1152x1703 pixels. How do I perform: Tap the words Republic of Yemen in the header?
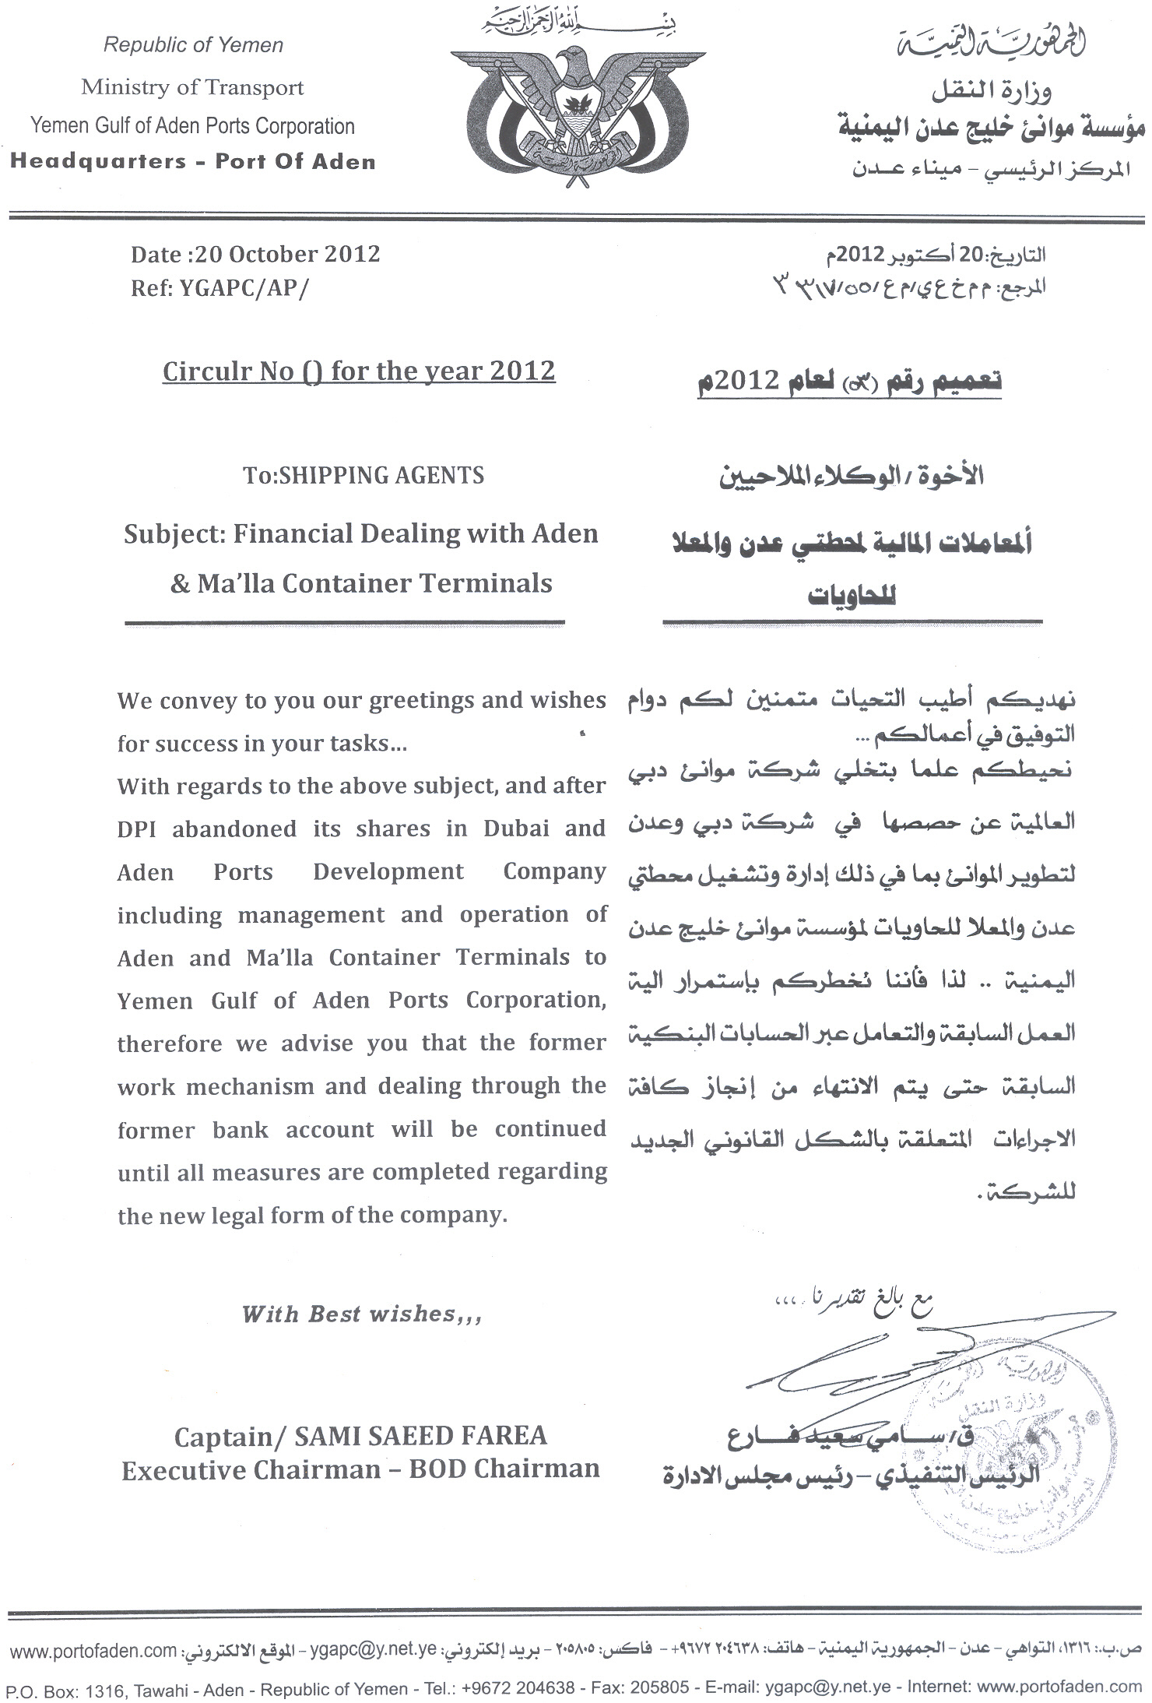tap(193, 45)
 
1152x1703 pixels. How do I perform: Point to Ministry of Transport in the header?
tap(192, 87)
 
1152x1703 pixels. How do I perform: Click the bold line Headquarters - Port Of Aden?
tap(192, 162)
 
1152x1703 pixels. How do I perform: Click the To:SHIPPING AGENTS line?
tap(364, 475)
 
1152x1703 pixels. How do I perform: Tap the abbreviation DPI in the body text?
tap(137, 829)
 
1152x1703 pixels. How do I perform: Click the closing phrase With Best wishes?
tap(361, 1315)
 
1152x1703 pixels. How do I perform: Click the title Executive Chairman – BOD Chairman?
tap(360, 1470)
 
